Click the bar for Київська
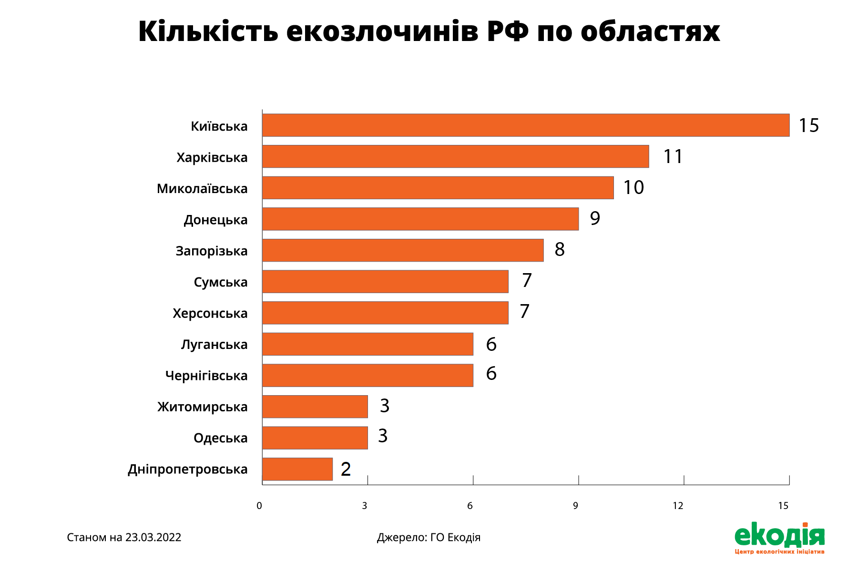pyautogui.click(x=526, y=125)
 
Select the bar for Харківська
pyautogui.click(x=456, y=156)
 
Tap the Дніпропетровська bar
pyautogui.click(x=297, y=469)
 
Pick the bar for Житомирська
pyautogui.click(x=315, y=407)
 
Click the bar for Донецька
pyautogui.click(x=420, y=219)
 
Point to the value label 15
pyautogui.click(x=809, y=125)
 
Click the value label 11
pyautogui.click(x=673, y=156)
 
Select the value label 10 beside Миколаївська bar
pyautogui.click(x=633, y=187)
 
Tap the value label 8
pyautogui.click(x=560, y=249)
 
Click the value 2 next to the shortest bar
pyautogui.click(x=346, y=469)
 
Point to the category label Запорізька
pyautogui.click(x=212, y=251)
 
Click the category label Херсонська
pyautogui.click(x=210, y=313)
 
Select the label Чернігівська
pyautogui.click(x=206, y=376)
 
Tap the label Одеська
pyautogui.click(x=221, y=438)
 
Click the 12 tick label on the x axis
pyautogui.click(x=678, y=506)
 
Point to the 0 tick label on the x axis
pyautogui.click(x=259, y=506)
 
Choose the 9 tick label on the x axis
pyautogui.click(x=575, y=506)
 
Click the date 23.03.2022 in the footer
pyautogui.click(x=153, y=538)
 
